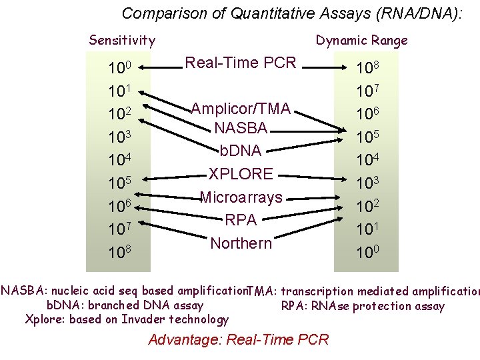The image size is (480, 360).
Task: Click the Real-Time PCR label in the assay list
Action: [240, 63]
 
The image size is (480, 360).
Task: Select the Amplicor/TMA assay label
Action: [241, 109]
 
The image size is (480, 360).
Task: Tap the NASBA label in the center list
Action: [241, 127]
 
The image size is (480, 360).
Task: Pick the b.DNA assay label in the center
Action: [241, 151]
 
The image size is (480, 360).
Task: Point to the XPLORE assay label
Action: [241, 174]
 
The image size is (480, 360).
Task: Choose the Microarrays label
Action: [241, 197]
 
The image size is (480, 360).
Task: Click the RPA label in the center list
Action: [241, 220]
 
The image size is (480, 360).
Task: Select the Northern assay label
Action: [241, 243]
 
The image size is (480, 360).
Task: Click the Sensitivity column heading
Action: [122, 41]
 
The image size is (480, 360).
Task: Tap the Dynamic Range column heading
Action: [361, 41]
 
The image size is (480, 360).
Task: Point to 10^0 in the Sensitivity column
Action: [121, 69]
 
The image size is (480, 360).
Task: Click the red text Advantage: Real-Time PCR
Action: [239, 339]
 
